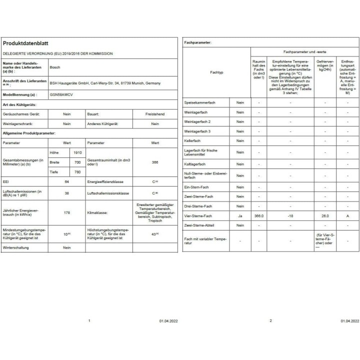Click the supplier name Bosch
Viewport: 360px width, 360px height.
click(x=55, y=66)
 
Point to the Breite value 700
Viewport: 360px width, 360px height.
click(x=77, y=162)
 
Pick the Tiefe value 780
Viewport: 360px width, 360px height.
click(x=77, y=172)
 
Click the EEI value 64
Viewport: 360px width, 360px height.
click(x=66, y=182)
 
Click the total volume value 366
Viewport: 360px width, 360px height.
click(x=154, y=162)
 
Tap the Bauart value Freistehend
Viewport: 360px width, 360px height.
click(x=154, y=114)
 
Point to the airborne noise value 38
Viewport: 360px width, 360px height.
click(x=66, y=193)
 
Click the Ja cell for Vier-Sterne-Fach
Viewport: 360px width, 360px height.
click(x=240, y=215)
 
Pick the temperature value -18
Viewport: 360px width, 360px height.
click(x=290, y=215)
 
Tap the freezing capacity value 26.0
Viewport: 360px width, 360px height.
click(x=325, y=215)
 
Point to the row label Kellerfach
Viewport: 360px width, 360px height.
click(x=192, y=141)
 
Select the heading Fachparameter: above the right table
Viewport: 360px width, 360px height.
click(x=197, y=43)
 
